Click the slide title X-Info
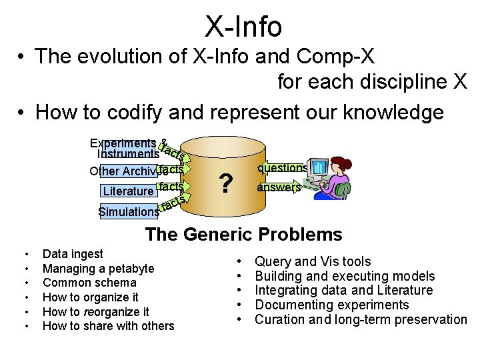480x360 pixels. point(243,27)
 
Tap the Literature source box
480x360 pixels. point(129,191)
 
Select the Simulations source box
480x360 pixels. point(129,212)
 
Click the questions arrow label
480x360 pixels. point(282,168)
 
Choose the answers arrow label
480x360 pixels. point(279,187)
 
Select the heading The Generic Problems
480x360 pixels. point(243,235)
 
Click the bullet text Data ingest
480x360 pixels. point(73,254)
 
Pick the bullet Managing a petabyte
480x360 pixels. point(98,269)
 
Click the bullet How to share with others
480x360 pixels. point(108,326)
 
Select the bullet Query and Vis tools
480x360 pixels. point(313,262)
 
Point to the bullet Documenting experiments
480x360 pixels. point(332,305)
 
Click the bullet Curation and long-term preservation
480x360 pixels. point(361,319)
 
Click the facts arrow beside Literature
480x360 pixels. point(171,187)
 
